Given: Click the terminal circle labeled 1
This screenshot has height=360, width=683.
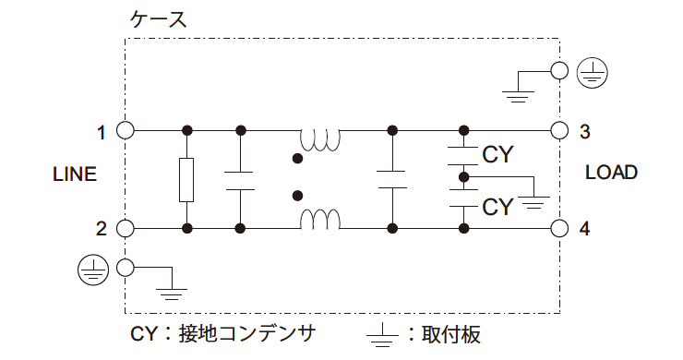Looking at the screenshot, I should click(x=126, y=130).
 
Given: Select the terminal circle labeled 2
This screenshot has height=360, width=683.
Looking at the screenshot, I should click(x=126, y=228).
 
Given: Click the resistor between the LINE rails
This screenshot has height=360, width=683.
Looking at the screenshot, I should click(x=187, y=179).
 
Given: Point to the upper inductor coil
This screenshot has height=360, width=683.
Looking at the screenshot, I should click(x=319, y=139).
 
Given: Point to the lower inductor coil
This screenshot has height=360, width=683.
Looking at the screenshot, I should click(x=319, y=220).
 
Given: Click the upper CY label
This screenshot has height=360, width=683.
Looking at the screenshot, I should click(x=497, y=154).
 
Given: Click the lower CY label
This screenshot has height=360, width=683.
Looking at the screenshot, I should click(x=497, y=206).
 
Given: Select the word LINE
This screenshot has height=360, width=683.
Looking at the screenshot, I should click(x=74, y=174).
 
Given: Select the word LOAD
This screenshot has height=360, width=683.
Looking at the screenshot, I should click(x=611, y=173).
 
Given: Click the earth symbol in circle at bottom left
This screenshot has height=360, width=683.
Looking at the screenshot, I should click(x=90, y=268).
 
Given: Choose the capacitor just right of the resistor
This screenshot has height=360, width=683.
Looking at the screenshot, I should click(x=240, y=179).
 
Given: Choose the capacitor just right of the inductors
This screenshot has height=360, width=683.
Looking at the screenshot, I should click(x=392, y=179).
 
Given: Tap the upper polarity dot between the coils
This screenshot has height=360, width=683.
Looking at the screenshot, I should click(x=297, y=159).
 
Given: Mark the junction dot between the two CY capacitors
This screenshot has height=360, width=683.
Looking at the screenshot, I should click(x=463, y=175).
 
